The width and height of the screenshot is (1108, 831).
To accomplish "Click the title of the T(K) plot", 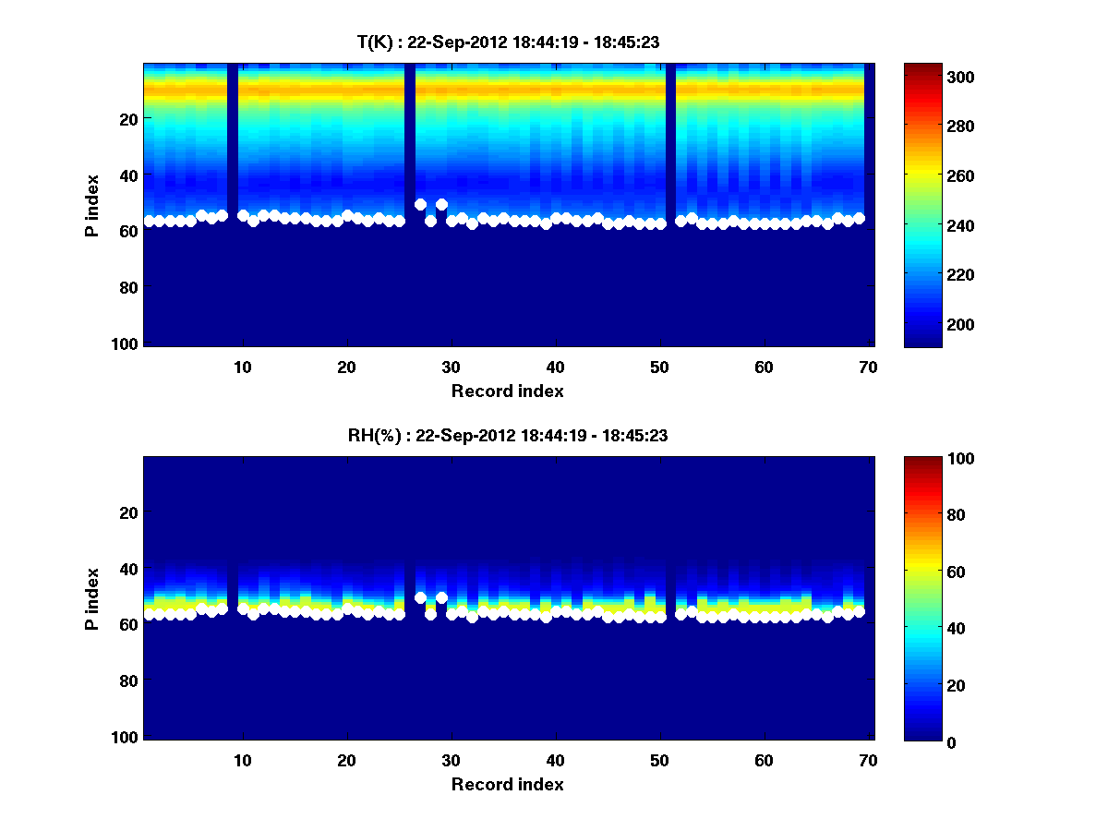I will coord(507,42).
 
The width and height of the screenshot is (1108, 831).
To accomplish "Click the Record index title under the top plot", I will coord(507,391).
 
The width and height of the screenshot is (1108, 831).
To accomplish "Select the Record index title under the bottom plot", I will coord(507,785).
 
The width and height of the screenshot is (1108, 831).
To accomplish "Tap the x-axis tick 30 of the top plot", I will coord(451,367).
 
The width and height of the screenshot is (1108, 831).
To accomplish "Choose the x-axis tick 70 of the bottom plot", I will coord(868,760).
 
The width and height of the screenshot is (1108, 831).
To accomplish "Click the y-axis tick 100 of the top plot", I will coord(126,343).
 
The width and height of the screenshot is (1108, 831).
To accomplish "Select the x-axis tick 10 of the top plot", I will coord(242,367).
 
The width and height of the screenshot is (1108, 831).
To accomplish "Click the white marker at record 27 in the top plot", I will coord(420,204).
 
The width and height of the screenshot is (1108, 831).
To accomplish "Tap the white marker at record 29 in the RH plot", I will coord(441,597).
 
